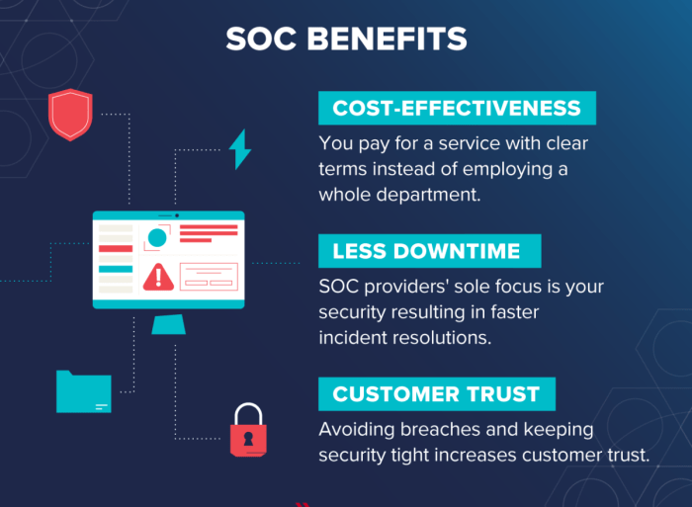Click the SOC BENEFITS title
pyautogui.click(x=346, y=39)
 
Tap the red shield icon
pyautogui.click(x=70, y=115)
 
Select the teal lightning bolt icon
pyautogui.click(x=239, y=149)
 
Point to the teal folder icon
pyautogui.click(x=83, y=391)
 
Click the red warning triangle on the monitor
pyautogui.click(x=158, y=277)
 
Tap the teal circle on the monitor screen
pyautogui.click(x=156, y=238)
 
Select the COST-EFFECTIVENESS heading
pyautogui.click(x=457, y=109)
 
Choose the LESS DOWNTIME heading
pyautogui.click(x=429, y=251)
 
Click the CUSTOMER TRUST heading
pyautogui.click(x=436, y=394)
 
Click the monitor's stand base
pyautogui.click(x=168, y=325)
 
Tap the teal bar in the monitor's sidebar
pyautogui.click(x=116, y=269)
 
